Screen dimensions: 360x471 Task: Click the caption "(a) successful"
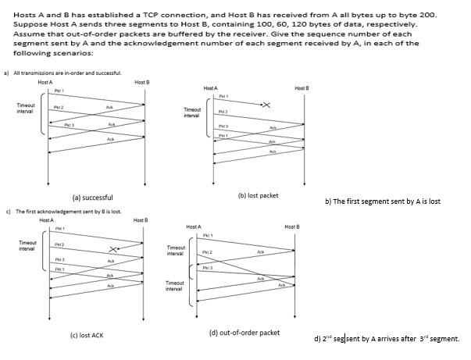(93, 198)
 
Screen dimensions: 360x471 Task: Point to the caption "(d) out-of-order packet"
(244, 332)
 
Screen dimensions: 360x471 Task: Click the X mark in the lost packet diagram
(266, 105)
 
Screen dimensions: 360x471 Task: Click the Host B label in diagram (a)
(142, 82)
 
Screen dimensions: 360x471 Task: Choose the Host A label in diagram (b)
(210, 88)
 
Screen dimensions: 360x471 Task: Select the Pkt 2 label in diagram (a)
(59, 106)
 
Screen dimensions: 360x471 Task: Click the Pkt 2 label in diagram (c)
(59, 244)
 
